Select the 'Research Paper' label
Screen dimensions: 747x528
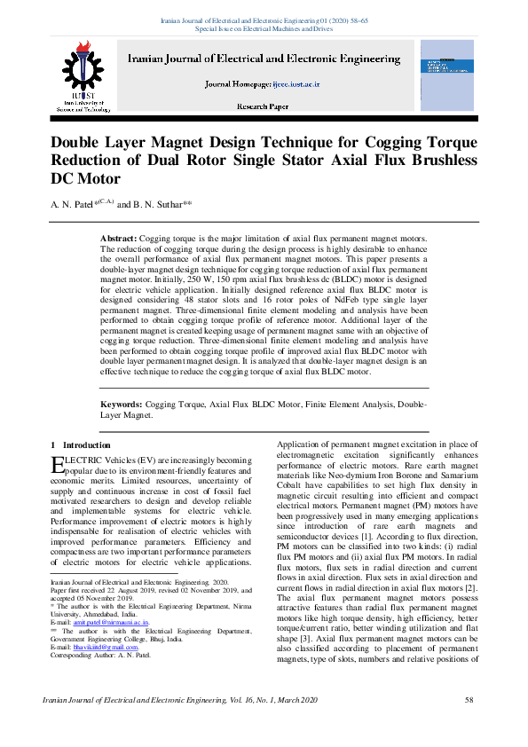click(x=262, y=106)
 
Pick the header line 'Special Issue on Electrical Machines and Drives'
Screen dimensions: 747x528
click(x=264, y=28)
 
